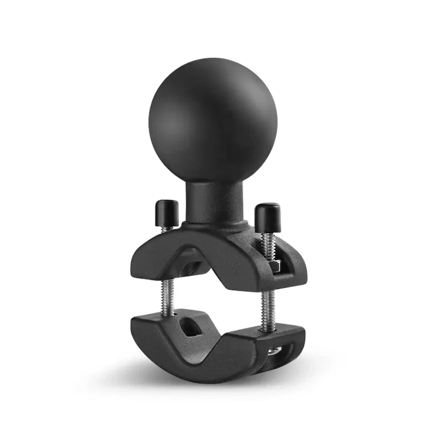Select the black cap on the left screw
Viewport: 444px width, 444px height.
(166, 210)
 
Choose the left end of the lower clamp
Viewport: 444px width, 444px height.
(136, 327)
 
